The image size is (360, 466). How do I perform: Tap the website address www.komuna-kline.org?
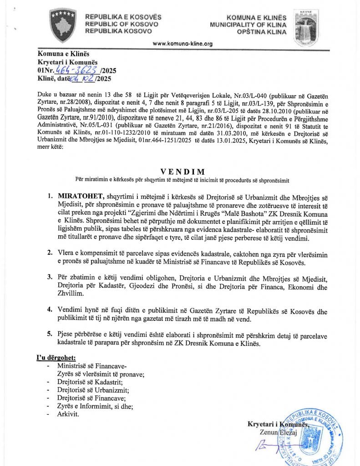pyautogui.click(x=183, y=44)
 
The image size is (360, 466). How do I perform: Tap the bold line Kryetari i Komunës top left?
pyautogui.click(x=67, y=62)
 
